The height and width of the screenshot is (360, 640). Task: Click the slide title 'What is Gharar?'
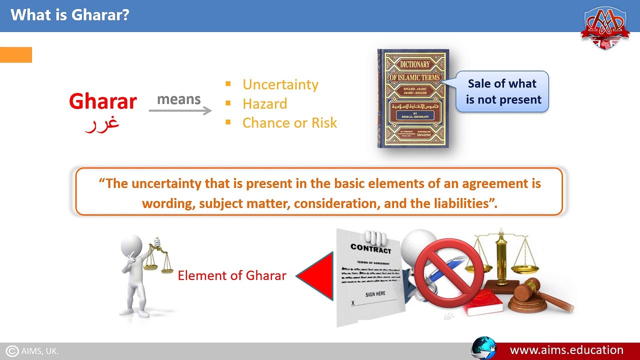[x=69, y=14]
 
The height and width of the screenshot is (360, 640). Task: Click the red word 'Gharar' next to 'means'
[x=102, y=101]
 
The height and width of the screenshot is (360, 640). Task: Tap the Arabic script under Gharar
[x=102, y=123]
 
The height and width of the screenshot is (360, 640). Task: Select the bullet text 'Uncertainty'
[x=280, y=84]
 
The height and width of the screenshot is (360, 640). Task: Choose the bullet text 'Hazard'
[x=264, y=103]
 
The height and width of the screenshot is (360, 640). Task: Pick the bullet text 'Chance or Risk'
[x=289, y=122]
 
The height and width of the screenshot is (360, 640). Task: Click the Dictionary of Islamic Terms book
[x=413, y=98]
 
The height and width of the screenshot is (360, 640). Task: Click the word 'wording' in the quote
[x=165, y=203]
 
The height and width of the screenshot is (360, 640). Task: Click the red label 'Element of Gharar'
[x=232, y=275]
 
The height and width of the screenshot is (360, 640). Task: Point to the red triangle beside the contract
[x=318, y=276]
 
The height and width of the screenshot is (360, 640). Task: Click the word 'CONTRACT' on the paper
[x=370, y=248]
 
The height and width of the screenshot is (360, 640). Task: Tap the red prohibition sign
[x=448, y=273]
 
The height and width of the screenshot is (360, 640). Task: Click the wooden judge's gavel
[x=537, y=295]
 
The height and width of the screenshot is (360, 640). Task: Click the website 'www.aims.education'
[x=566, y=350]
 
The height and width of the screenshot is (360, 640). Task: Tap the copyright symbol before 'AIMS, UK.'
[x=12, y=351]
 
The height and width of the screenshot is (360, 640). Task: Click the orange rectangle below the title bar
[x=16, y=54]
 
